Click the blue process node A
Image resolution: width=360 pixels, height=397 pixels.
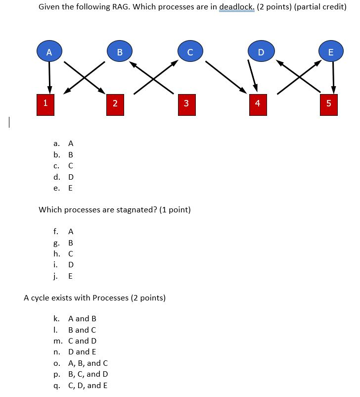coord(48,52)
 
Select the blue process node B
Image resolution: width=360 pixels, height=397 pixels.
coord(119,52)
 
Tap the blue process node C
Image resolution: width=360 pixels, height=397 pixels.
coord(190,52)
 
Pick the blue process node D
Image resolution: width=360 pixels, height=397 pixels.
coord(261,52)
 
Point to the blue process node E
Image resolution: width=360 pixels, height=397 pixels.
coord(331,52)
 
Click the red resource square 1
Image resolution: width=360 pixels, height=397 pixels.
coord(45,103)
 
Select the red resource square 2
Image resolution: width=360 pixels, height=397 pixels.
coord(115,103)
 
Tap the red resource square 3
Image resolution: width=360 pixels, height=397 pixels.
coord(185,103)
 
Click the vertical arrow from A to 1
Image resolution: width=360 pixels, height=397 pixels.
coord(49,77)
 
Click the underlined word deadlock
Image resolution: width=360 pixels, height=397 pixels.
coord(236,8)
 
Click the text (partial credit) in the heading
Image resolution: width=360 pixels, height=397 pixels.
coord(320,8)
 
